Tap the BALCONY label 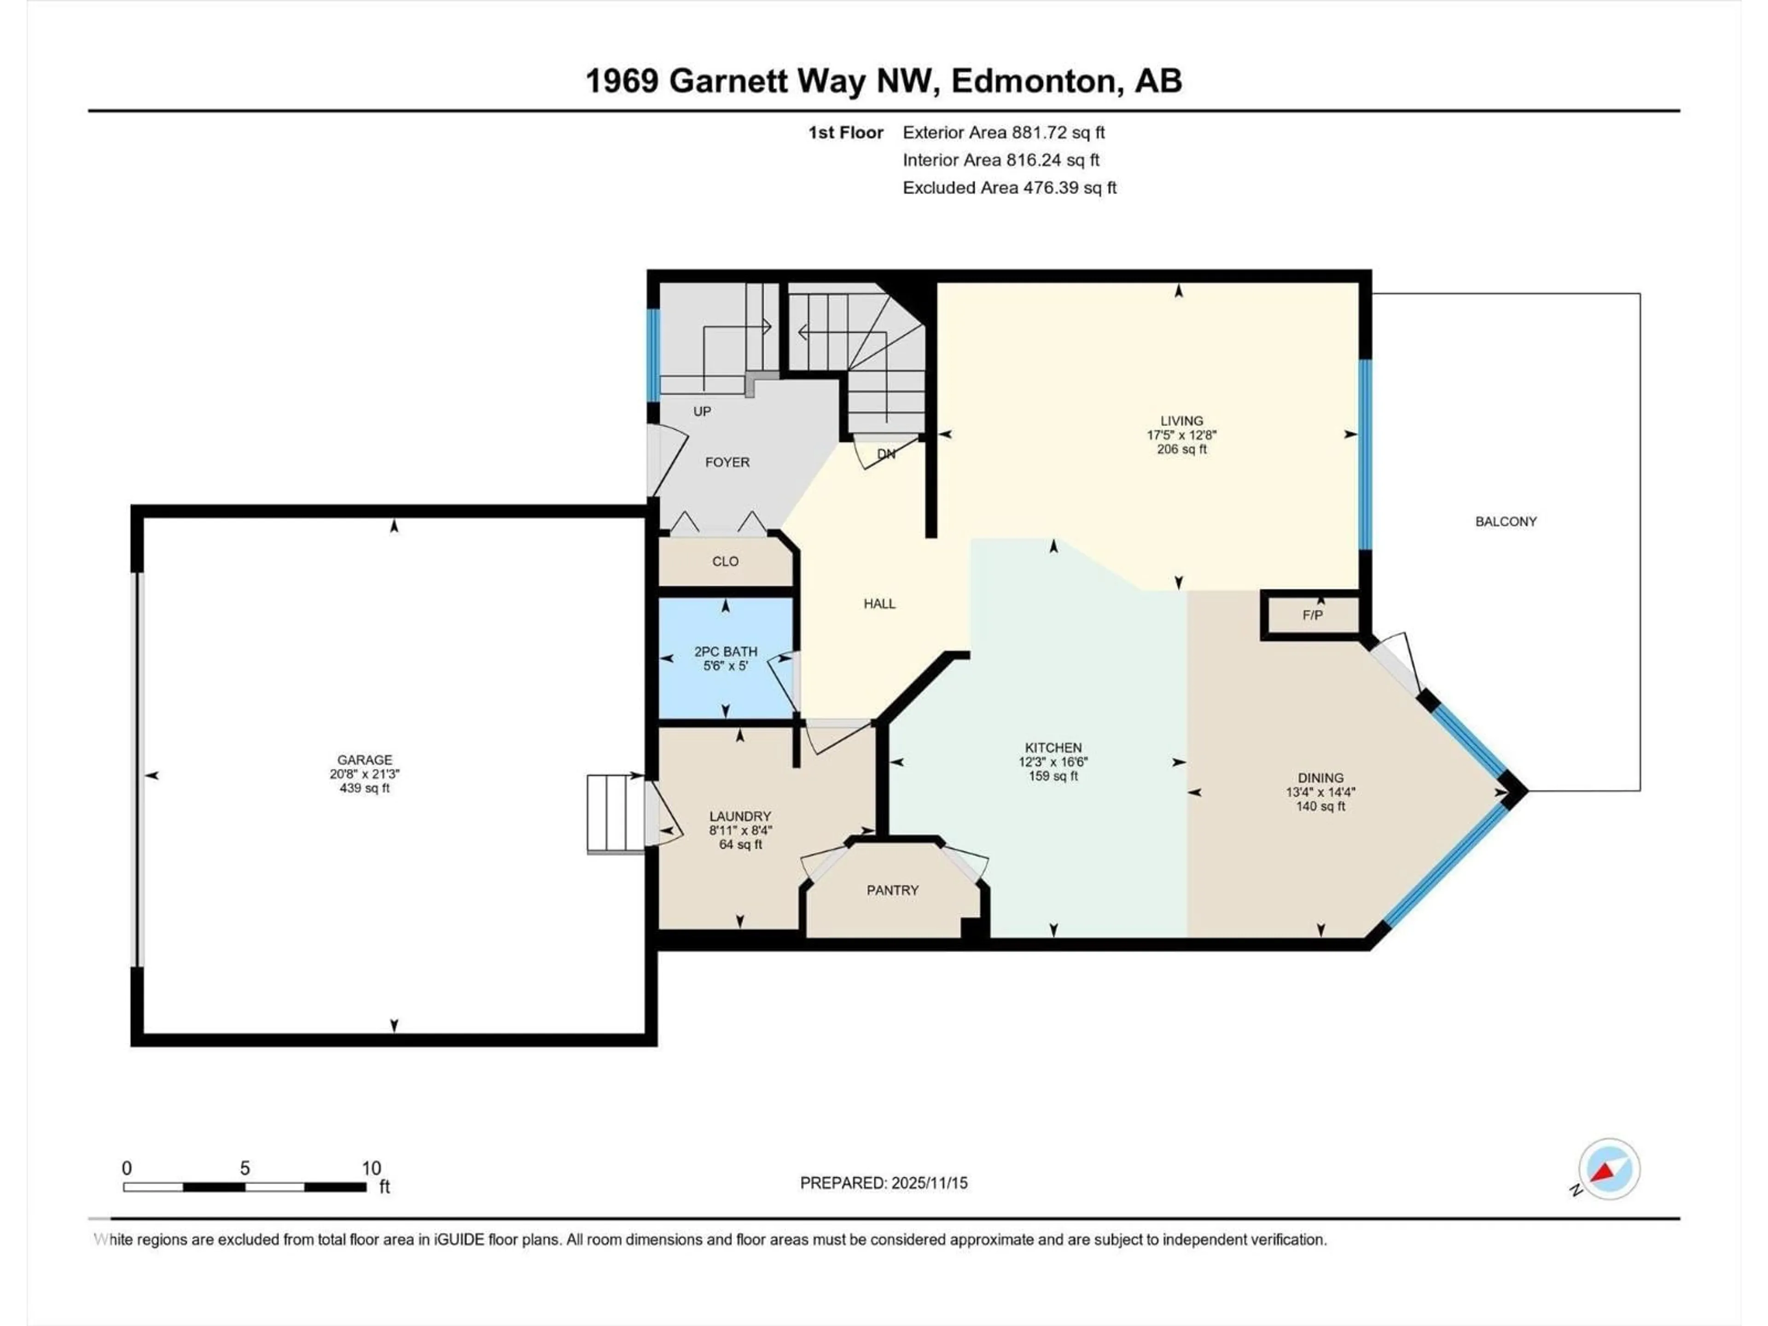point(1506,521)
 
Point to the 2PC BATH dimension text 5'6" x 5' point(725,665)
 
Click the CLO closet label point(725,561)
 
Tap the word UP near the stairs point(702,411)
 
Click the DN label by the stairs point(885,454)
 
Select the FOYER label point(727,462)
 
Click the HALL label point(879,604)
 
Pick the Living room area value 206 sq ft point(1181,449)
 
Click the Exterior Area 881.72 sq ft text point(1003,133)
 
